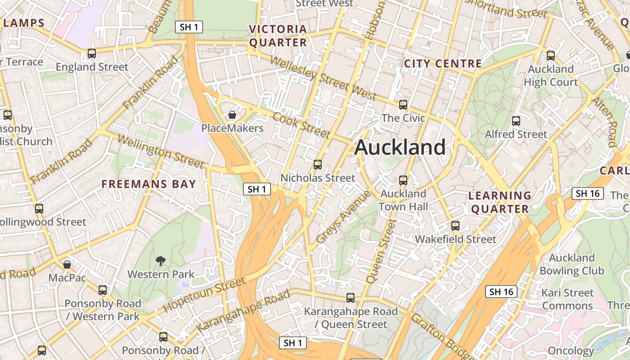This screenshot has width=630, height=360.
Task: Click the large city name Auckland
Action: click(x=400, y=148)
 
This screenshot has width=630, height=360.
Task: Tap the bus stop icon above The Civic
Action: click(x=403, y=105)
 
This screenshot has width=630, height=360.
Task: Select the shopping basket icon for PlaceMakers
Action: click(x=232, y=115)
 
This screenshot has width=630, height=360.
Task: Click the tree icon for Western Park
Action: click(x=160, y=261)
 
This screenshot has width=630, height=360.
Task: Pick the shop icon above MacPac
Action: click(x=67, y=265)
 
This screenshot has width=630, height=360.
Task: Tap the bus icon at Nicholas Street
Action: click(x=318, y=165)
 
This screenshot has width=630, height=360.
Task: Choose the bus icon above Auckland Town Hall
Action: click(x=403, y=180)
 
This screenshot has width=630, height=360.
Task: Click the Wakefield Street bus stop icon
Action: click(x=455, y=226)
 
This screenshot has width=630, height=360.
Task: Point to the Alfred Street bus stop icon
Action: click(x=516, y=121)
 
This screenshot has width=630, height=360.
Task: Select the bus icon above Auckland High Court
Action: click(x=551, y=56)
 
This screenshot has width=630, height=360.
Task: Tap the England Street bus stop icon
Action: click(x=92, y=54)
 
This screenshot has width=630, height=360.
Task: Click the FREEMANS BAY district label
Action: click(x=148, y=184)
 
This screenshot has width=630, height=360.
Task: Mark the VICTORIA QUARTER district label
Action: click(x=278, y=36)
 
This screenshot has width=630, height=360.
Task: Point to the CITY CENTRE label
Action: click(x=443, y=63)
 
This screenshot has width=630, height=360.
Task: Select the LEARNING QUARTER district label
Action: click(x=499, y=202)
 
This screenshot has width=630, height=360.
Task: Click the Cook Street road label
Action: click(x=301, y=125)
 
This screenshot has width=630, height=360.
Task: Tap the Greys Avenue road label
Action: click(x=343, y=217)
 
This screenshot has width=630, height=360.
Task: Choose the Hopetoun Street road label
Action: click(x=204, y=295)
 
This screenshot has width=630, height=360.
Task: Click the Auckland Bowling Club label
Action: click(x=571, y=264)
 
